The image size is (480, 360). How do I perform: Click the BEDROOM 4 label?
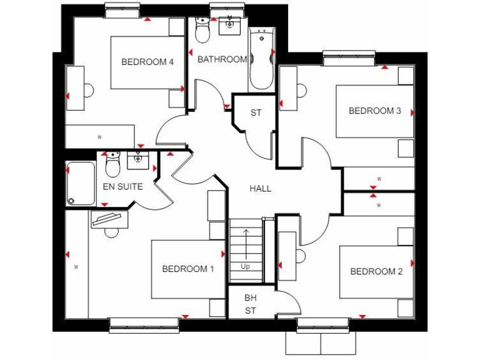pyautogui.click(x=147, y=62)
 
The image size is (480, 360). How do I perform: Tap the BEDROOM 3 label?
pyautogui.click(x=374, y=111)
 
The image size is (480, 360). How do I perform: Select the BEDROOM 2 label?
pyautogui.click(x=376, y=271)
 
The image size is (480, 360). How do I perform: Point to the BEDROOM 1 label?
pyautogui.click(x=187, y=269)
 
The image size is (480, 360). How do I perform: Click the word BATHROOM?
pyautogui.click(x=222, y=60)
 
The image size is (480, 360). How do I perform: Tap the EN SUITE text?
pyautogui.click(x=122, y=186)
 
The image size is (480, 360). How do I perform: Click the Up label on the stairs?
pyautogui.click(x=246, y=266)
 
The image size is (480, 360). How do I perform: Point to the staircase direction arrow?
pyautogui.click(x=246, y=244)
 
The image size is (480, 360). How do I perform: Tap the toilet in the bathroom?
pyautogui.click(x=202, y=30)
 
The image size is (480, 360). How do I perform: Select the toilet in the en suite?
pyautogui.click(x=112, y=166)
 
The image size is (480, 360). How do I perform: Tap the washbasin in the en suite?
pyautogui.click(x=138, y=161)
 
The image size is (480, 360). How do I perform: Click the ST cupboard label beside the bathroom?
pyautogui.click(x=256, y=113)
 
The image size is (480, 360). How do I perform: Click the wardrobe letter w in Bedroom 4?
pyautogui.click(x=99, y=136)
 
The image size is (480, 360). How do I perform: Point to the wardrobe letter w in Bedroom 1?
pyautogui.click(x=76, y=267)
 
